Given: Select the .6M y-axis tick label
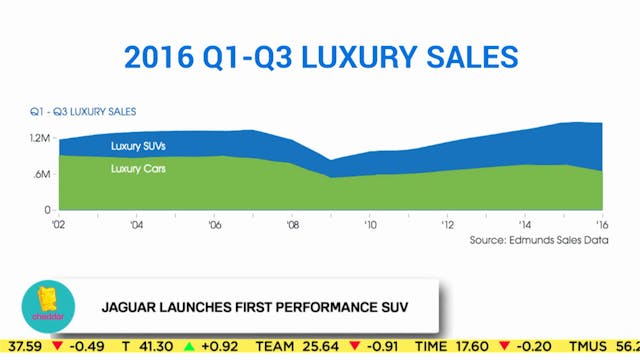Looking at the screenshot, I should click(40, 174).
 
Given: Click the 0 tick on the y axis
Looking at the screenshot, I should click(46, 209).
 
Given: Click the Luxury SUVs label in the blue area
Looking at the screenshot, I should click(139, 147).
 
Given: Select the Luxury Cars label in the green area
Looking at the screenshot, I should click(138, 168).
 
